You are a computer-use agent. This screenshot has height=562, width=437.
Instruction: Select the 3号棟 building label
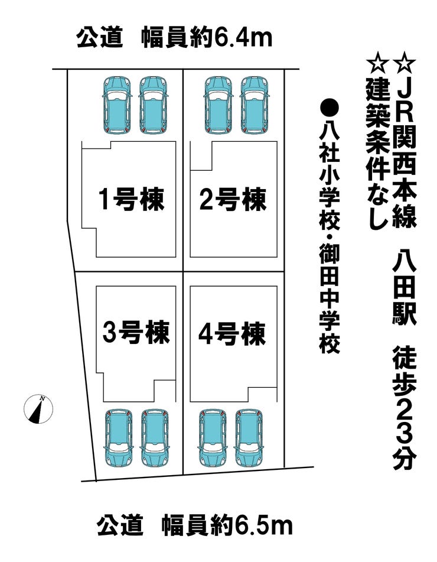pos(136,333)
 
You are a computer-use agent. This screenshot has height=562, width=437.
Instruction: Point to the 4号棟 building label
pos(232,334)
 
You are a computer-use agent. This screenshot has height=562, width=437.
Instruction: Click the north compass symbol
pos(38,408)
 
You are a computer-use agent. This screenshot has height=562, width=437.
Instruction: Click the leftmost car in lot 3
pos(119,438)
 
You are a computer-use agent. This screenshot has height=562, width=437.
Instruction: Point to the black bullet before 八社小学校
pos(330,108)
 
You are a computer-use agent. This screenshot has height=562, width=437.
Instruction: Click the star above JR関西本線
pos(404,61)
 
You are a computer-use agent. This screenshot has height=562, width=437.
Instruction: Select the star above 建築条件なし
pos(376,61)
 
